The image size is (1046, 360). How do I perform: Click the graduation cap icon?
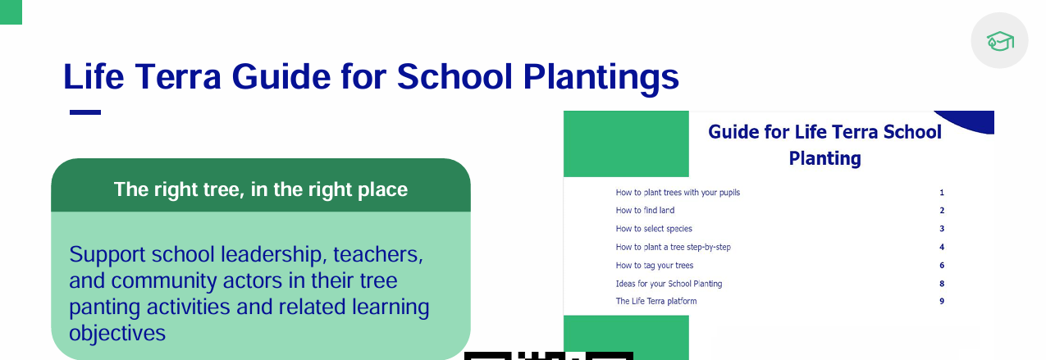coord(1000,41)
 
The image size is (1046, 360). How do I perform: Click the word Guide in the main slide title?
coord(281,76)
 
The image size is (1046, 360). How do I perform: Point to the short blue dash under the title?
coord(85,112)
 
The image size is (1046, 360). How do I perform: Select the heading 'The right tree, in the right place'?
coord(261,189)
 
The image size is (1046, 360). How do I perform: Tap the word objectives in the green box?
coord(117,334)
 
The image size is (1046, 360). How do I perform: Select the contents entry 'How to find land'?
coord(645,210)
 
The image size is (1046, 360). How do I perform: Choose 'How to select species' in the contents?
coord(654,228)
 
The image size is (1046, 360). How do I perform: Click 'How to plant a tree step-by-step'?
coord(673,247)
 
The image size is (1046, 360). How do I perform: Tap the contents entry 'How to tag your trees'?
coord(654,265)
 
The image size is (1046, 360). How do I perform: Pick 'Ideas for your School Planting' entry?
coord(669,284)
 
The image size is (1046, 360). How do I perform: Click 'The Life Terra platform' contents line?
coord(656,301)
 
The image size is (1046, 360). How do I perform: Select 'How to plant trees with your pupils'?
coord(678,193)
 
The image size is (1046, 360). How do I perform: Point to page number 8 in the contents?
coord(942,284)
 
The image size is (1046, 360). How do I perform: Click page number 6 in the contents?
coord(942,265)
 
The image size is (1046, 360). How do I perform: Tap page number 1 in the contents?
coord(942,193)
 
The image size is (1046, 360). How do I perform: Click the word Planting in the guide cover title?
coord(824,159)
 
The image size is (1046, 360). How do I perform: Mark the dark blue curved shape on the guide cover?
coord(974,121)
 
